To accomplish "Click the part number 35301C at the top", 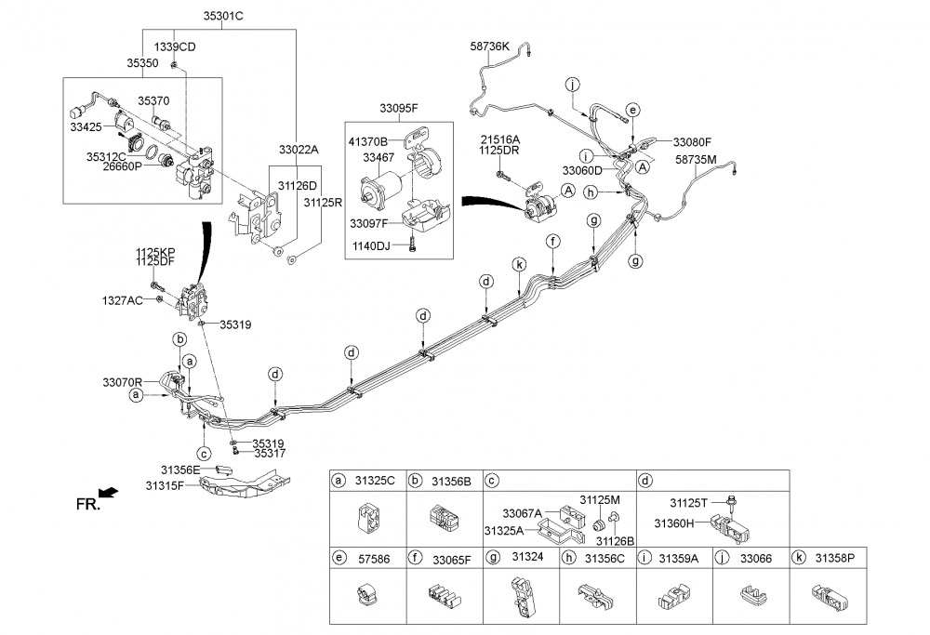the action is coord(223,16).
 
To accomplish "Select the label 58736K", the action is coord(489,46).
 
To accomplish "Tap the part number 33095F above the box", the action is coord(399,109).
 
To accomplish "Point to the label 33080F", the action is coord(692,142).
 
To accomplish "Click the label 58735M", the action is coord(696,160).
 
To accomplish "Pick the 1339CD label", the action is coord(175,46).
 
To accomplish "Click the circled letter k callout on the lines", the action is coord(520,264).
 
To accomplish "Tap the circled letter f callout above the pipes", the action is coord(553,242).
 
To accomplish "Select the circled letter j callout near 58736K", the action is coord(572,85).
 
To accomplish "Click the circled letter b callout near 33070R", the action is coord(179,339).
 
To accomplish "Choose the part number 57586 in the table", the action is coord(374,559).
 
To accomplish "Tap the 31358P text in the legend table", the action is coord(835,558).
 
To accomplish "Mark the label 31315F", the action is coord(165,486).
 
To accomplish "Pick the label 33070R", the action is coord(122,382).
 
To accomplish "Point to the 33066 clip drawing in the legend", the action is coord(751,595).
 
